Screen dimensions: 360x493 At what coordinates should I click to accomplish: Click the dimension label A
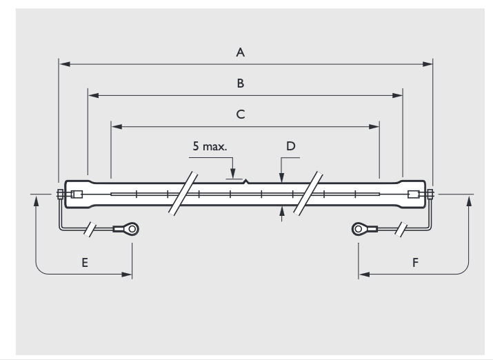pos(241,51)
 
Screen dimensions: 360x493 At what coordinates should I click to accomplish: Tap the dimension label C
pos(241,114)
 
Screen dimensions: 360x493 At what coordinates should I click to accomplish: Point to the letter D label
pos(290,146)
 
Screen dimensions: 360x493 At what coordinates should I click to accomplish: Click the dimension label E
pos(83,263)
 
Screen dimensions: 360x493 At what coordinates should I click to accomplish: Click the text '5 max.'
pos(210,147)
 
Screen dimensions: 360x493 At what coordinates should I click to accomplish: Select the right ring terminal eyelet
pos(359,228)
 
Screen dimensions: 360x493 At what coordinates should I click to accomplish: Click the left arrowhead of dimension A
pos(63,64)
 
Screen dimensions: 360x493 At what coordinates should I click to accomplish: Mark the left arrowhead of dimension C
pos(116,126)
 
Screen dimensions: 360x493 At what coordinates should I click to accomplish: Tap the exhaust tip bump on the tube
pos(246,182)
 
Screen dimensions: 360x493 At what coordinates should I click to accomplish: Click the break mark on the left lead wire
pos(89,229)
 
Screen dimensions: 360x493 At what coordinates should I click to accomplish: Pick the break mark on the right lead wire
pos(401,229)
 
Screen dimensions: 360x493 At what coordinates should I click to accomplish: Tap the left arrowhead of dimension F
pos(363,274)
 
